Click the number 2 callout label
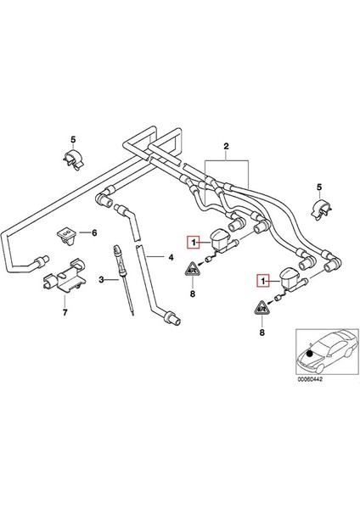pyautogui.click(x=225, y=148)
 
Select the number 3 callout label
pyautogui.click(x=101, y=279)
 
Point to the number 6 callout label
pyautogui.click(x=94, y=232)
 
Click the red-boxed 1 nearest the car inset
pyautogui.click(x=264, y=278)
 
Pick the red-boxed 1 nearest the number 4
pyautogui.click(x=194, y=242)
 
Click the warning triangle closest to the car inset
pyautogui.click(x=262, y=307)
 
